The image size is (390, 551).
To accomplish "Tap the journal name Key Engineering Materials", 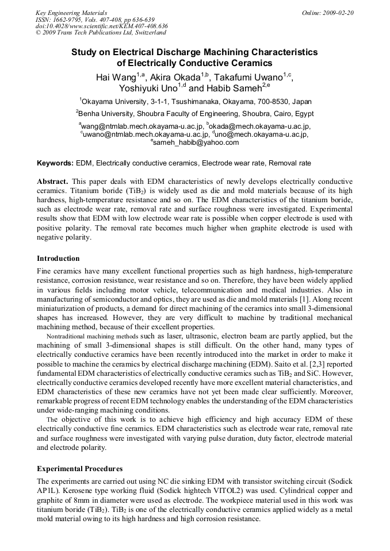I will tap(71, 12).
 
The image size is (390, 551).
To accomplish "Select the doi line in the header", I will tap(101, 26).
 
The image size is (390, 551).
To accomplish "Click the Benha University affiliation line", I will tap(194, 113).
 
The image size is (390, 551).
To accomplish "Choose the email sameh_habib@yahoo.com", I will tap(196, 142).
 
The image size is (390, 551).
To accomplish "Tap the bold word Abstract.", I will tap(53, 180).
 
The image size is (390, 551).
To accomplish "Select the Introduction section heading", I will tap(58, 258).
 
